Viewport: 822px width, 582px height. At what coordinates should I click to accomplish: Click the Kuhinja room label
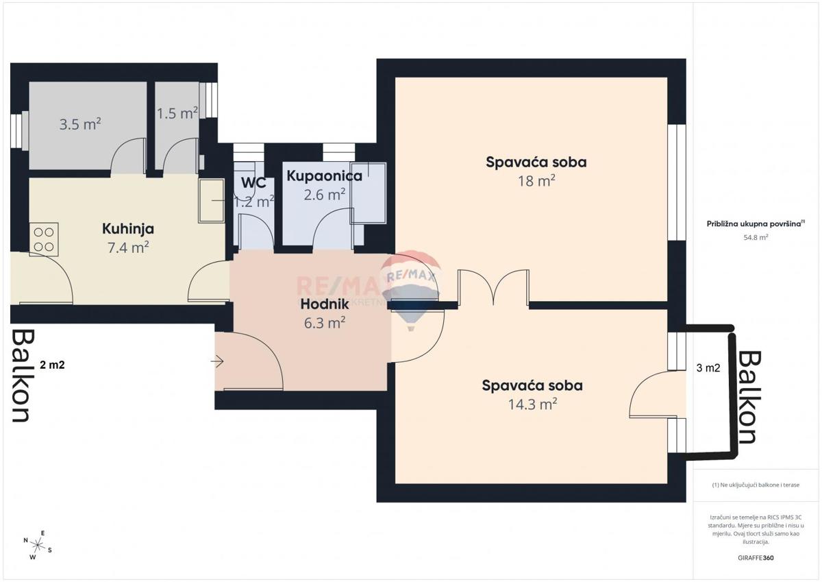point(127,229)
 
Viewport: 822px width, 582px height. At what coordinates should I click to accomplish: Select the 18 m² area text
point(536,181)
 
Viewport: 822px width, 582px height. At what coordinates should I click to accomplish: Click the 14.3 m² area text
point(532,404)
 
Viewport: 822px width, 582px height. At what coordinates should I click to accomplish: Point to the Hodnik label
point(325,304)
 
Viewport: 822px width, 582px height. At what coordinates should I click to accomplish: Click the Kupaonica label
point(324,176)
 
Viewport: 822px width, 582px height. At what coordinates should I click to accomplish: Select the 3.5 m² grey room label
point(80,124)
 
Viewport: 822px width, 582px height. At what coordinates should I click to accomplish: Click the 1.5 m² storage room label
point(177,113)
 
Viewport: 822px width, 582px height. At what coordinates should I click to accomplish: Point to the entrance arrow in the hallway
point(219,361)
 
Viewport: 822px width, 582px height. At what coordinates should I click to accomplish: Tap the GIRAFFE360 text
point(756,558)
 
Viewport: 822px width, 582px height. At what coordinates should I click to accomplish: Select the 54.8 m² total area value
point(756,237)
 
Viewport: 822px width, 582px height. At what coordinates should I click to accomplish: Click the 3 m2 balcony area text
point(708,368)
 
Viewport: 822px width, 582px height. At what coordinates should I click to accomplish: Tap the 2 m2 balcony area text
point(52,365)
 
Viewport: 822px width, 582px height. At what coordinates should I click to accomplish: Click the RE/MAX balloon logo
point(411,288)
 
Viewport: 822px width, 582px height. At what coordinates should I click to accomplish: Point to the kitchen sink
point(210,201)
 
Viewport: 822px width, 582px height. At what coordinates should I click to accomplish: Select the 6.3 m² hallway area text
point(324,322)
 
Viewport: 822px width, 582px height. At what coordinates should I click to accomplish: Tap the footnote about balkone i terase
point(756,485)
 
